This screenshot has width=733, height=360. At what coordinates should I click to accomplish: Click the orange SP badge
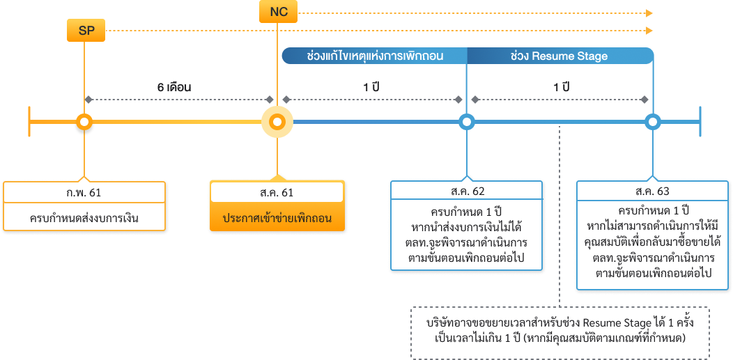tap(86, 31)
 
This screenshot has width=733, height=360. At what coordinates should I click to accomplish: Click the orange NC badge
tap(279, 13)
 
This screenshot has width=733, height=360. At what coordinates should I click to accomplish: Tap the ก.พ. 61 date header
tap(84, 191)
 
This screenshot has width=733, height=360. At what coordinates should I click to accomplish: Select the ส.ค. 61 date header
tap(277, 191)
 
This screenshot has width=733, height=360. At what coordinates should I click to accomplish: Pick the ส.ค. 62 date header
tap(467, 191)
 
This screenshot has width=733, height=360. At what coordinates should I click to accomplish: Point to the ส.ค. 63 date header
tap(653, 191)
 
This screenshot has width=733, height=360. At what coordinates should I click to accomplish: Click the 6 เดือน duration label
tap(174, 88)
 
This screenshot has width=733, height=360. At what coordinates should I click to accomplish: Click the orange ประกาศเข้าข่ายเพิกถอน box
tap(277, 218)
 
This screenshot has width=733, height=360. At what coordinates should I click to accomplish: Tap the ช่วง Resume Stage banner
tap(560, 56)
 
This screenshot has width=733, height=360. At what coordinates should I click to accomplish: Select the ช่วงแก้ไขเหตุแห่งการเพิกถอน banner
tap(374, 56)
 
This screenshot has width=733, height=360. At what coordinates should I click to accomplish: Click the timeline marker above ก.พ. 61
tap(84, 123)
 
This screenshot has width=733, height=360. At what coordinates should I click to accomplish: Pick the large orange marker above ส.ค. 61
tap(277, 123)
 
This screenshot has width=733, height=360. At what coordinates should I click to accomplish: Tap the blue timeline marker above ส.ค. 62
tap(466, 123)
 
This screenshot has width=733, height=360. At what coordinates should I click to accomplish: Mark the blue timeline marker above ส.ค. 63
tap(652, 123)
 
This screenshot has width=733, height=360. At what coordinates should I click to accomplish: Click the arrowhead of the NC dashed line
tap(649, 13)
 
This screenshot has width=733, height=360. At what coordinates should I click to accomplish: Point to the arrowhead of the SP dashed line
tap(649, 31)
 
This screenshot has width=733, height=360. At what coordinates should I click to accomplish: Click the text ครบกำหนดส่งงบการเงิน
tap(84, 218)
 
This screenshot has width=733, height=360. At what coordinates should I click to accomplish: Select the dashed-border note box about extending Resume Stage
tap(560, 332)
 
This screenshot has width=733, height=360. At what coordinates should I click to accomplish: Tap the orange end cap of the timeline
tap(29, 123)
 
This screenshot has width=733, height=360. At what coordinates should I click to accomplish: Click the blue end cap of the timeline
tap(700, 123)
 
